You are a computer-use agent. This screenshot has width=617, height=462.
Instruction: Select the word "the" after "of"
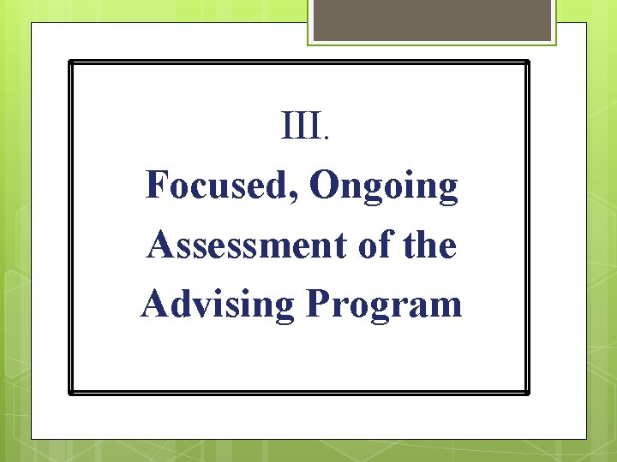pos(430,246)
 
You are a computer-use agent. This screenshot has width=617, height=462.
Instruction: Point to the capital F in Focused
pos(157,186)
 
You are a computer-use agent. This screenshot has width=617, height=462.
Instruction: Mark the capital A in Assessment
pos(159,245)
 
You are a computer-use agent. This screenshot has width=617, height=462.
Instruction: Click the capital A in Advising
pos(153,303)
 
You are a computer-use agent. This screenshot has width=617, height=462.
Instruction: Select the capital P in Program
pos(314,303)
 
